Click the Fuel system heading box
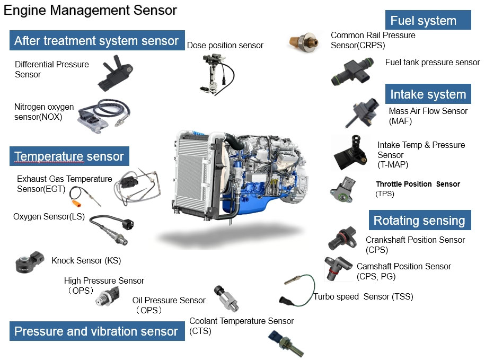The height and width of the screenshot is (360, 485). coord(428,20)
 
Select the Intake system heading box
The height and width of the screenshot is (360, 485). coord(428,94)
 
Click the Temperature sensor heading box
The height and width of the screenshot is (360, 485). coord(69,156)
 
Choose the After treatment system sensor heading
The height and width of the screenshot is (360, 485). coord(96,41)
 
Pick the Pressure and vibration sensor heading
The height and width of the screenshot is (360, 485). coord(96,331)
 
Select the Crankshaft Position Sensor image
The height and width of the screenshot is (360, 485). coord(341,239)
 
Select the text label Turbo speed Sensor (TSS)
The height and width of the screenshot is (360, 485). coord(363,297)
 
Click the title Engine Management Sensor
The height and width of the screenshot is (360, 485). coord(90,10)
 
